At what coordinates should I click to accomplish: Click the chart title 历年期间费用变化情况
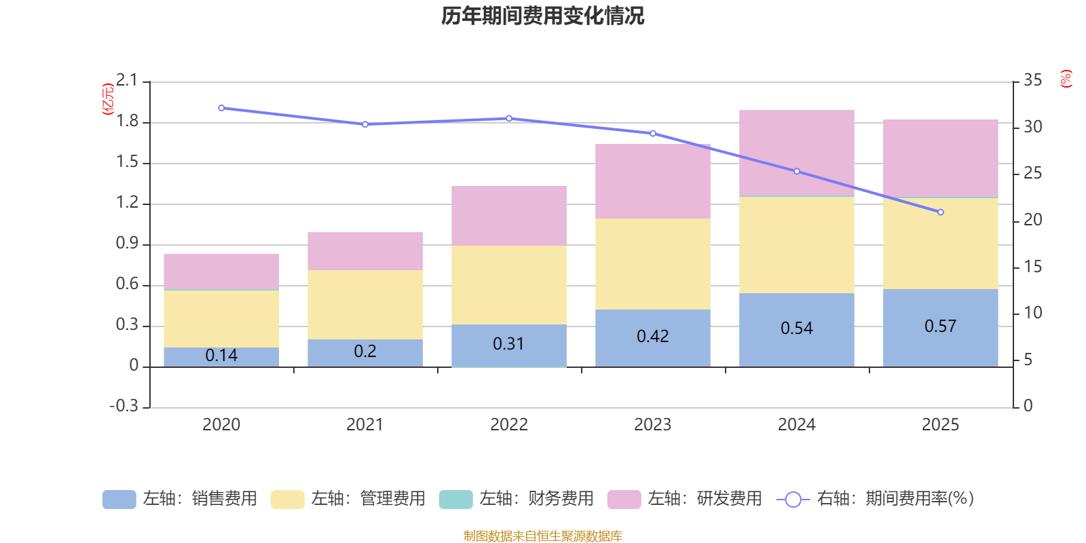(x=542, y=16)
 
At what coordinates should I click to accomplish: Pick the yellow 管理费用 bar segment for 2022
(x=508, y=285)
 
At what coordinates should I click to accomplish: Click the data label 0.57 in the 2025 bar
(x=940, y=326)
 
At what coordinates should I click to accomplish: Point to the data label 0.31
(x=508, y=344)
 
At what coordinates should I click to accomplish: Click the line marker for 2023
(x=653, y=134)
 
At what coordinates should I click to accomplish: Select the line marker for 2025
(x=940, y=212)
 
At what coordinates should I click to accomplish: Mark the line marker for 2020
(x=221, y=108)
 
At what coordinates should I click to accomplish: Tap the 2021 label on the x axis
(x=364, y=425)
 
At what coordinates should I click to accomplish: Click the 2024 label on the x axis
(x=796, y=425)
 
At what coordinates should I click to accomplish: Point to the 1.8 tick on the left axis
(x=127, y=122)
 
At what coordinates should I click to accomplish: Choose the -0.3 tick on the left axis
(x=124, y=407)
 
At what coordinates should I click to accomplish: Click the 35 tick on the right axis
(x=1032, y=81)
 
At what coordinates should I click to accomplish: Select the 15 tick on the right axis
(x=1032, y=267)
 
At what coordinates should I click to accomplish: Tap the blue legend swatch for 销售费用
(x=119, y=500)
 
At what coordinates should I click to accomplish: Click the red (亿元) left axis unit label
(x=107, y=99)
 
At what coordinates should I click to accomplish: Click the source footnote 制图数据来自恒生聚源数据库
(x=542, y=536)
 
